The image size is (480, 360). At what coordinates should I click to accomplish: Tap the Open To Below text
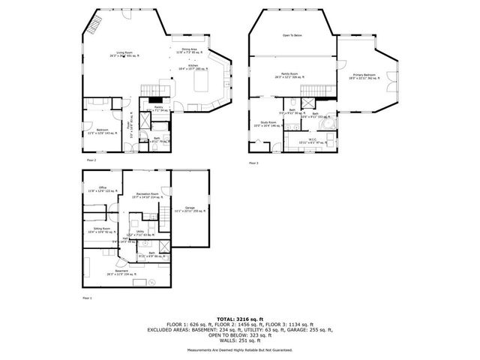292,36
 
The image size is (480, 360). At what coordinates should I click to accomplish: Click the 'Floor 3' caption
253,162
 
